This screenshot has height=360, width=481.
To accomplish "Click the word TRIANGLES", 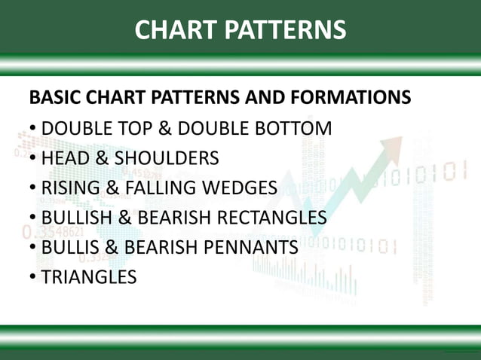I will (x=89, y=277).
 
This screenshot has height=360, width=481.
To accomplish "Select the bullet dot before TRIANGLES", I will (x=33, y=277).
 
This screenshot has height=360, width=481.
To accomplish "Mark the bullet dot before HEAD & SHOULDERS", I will (x=33, y=158).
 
